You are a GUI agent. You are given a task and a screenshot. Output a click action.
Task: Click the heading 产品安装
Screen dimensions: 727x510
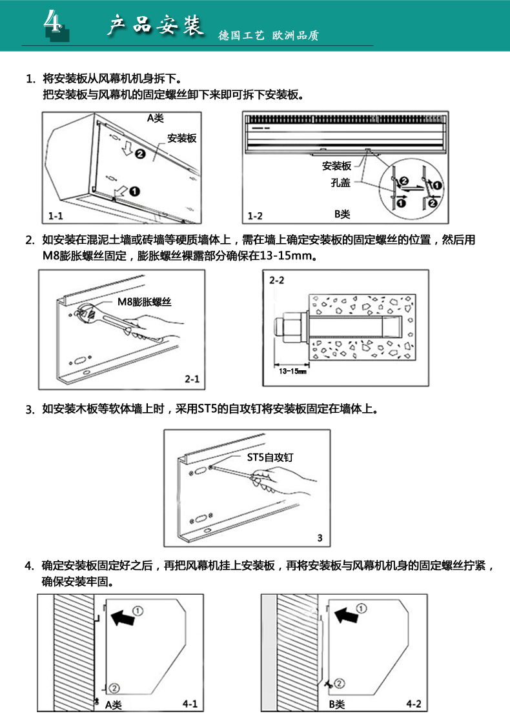coord(154,26)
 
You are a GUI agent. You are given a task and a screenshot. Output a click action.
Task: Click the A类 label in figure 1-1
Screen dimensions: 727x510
coord(156,118)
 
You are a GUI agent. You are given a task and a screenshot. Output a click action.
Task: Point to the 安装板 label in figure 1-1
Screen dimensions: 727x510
coord(181,138)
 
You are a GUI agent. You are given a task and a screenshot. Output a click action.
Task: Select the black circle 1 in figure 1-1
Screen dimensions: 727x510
coord(134,190)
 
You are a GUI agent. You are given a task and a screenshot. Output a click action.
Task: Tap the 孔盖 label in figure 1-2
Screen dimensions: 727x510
coord(340,183)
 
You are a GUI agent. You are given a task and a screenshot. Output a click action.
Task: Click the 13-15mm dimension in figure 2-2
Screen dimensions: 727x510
coord(293,371)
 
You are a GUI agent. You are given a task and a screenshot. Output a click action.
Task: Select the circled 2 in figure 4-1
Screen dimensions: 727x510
coord(114,687)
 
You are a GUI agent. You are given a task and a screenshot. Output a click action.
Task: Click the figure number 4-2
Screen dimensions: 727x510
coord(414,704)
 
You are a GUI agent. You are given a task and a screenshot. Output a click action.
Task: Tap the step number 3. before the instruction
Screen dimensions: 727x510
coord(29,409)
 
